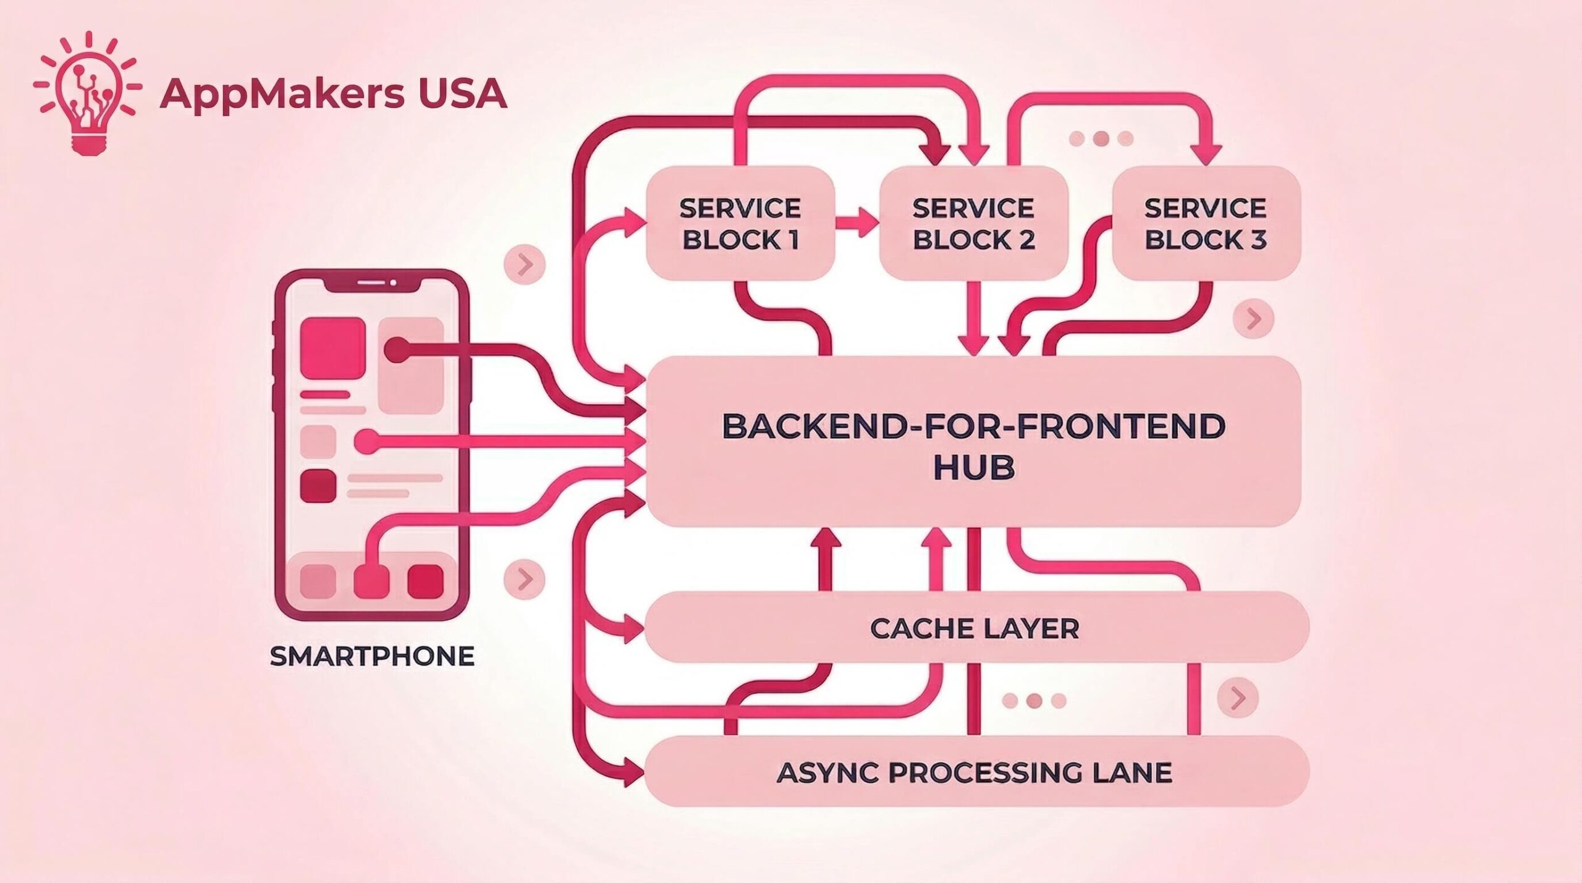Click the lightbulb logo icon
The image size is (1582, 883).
pyautogui.click(x=87, y=93)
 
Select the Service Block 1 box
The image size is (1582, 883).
pyautogui.click(x=740, y=224)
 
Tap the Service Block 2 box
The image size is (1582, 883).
pyautogui.click(x=973, y=224)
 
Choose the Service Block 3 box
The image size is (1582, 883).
pyautogui.click(x=1206, y=224)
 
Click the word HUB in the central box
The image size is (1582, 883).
pyautogui.click(x=974, y=467)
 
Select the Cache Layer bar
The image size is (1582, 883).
pyautogui.click(x=975, y=628)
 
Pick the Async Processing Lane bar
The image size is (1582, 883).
pyautogui.click(x=975, y=772)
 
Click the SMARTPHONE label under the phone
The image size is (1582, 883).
pyautogui.click(x=372, y=656)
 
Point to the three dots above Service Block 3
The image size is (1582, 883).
pyautogui.click(x=1101, y=138)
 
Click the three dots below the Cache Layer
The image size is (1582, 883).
pyautogui.click(x=1034, y=701)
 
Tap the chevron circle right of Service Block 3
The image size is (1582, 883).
pyautogui.click(x=1253, y=319)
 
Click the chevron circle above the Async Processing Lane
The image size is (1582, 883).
pyautogui.click(x=1237, y=698)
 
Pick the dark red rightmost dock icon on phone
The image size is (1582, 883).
pyautogui.click(x=425, y=581)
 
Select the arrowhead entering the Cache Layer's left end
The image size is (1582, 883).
pyautogui.click(x=633, y=629)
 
